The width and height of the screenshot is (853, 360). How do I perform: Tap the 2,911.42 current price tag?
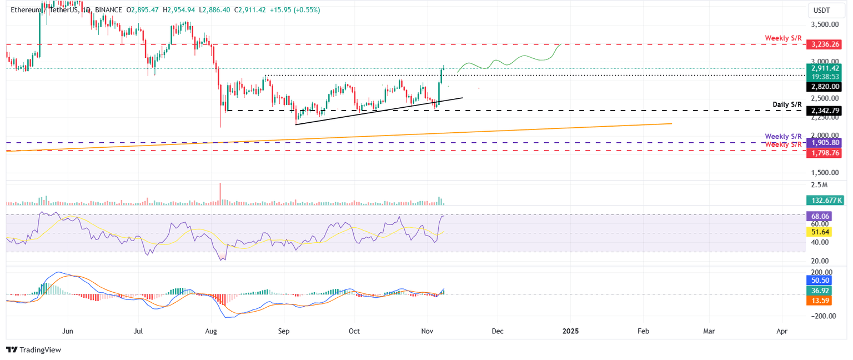[x=823, y=68]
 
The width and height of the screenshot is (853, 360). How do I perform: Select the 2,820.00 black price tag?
[x=823, y=87]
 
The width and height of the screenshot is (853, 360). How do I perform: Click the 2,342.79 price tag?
[x=823, y=111]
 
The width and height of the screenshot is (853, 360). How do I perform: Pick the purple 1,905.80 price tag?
[x=823, y=143]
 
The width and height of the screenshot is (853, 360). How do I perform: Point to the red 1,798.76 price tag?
[x=823, y=152]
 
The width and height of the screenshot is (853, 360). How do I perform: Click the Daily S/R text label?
[x=786, y=104]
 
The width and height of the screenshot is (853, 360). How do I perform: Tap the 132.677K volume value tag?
[x=823, y=200]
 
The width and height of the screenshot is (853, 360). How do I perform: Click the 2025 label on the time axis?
[x=570, y=331]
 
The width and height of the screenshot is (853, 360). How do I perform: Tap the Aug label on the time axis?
[x=212, y=331]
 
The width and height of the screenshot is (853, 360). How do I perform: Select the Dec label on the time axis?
[x=497, y=331]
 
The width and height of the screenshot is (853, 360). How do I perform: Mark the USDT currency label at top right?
[x=822, y=10]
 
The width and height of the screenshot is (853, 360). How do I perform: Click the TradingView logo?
[x=34, y=350]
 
